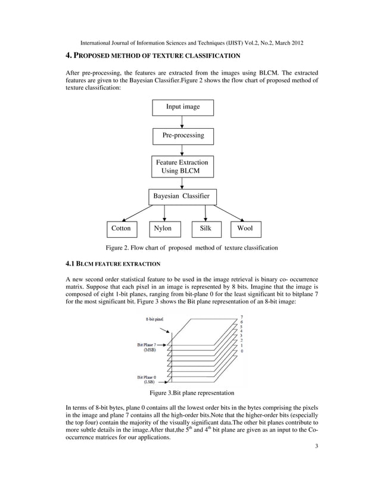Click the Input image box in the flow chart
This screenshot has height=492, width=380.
[x=182, y=107]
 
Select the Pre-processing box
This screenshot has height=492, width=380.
[x=183, y=136]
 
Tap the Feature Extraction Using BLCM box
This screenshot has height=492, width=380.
[x=182, y=167]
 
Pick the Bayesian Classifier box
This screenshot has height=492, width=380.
[x=182, y=197]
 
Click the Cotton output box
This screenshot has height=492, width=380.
[x=122, y=228]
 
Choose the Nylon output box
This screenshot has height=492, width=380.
[x=163, y=228]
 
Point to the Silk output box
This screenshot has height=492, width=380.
[x=205, y=228]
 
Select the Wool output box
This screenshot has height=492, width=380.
[x=245, y=228]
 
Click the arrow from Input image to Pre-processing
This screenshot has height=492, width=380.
[x=182, y=122]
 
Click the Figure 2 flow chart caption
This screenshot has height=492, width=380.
[x=192, y=247]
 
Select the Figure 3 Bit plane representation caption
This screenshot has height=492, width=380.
[x=191, y=393]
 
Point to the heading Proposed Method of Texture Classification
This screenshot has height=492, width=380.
[x=152, y=56]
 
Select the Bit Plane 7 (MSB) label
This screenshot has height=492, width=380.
[x=149, y=348]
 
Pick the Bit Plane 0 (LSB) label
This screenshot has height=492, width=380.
[x=149, y=379]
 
